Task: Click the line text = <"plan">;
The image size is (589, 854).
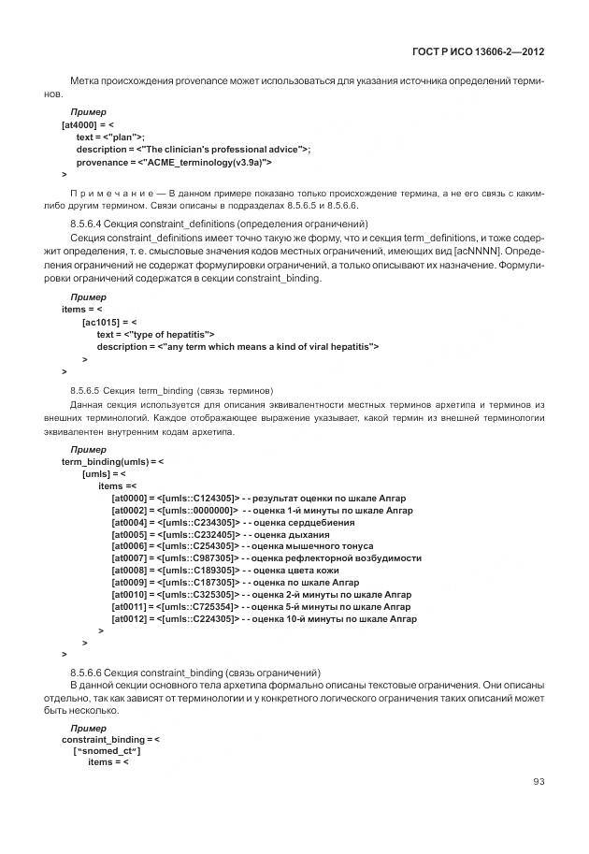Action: (x=110, y=137)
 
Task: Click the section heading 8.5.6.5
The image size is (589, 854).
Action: (x=172, y=388)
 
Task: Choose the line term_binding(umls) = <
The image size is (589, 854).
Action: (x=112, y=461)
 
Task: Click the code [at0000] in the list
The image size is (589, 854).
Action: (x=128, y=498)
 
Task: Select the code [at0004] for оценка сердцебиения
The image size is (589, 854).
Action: (x=128, y=522)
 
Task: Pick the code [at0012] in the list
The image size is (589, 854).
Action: (x=128, y=619)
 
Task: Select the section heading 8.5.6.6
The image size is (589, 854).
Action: (x=195, y=673)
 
